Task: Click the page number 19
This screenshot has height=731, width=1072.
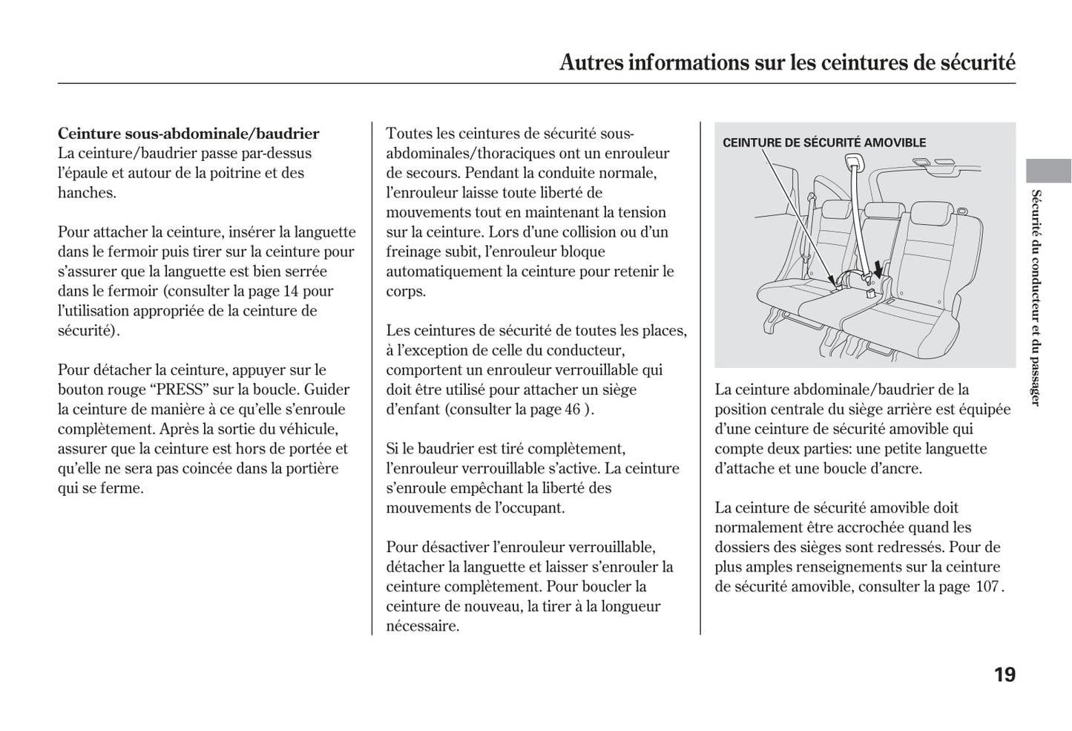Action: coord(1004,675)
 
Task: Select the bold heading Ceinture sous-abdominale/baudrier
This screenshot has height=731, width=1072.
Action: coord(188,134)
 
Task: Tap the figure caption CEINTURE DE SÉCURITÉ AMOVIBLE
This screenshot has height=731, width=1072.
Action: coord(824,142)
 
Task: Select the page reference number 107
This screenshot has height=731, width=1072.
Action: coord(987,586)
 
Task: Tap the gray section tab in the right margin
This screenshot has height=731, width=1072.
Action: coord(1048,171)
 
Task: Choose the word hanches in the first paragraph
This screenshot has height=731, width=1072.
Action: coord(86,192)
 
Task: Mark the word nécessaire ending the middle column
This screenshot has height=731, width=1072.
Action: coord(422,626)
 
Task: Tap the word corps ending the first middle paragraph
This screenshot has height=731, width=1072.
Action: coord(405,291)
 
